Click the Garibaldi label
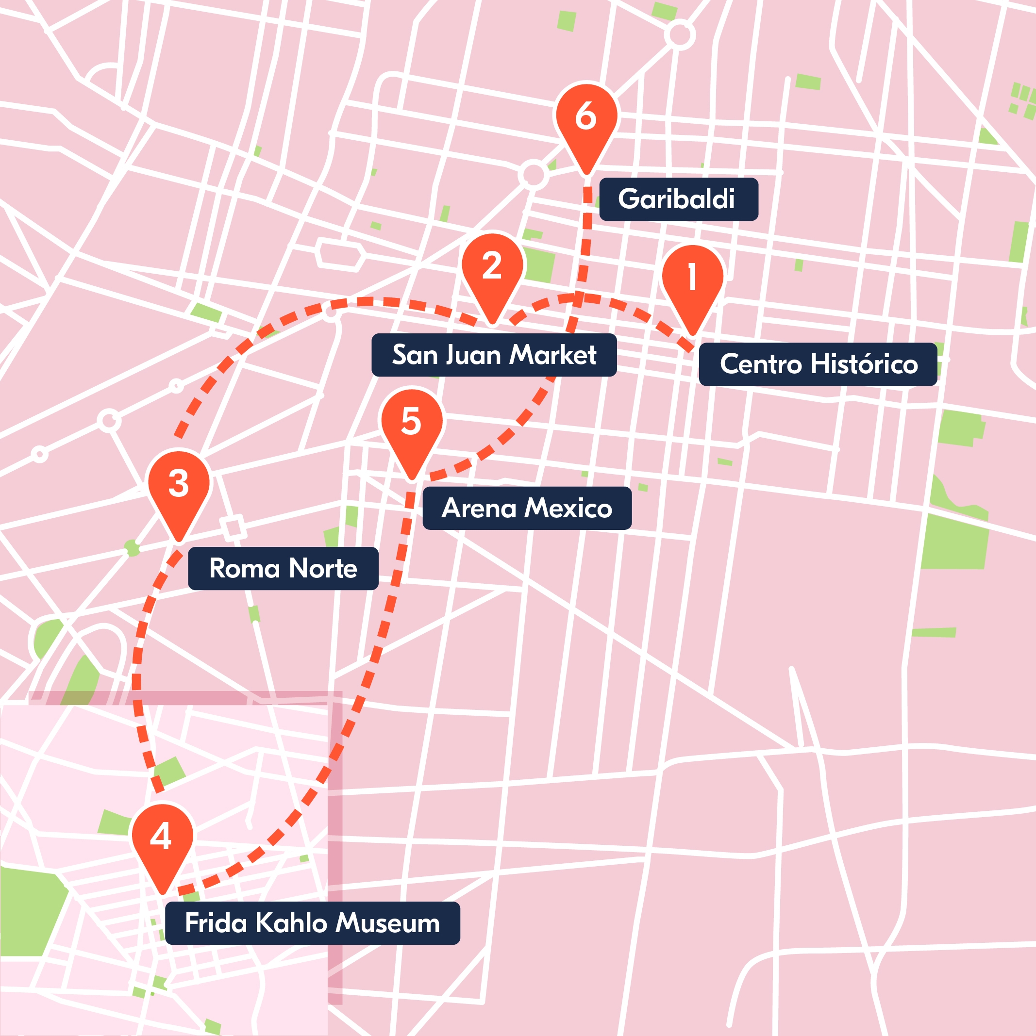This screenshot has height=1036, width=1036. (x=678, y=199)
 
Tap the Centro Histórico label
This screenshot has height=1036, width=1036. (x=818, y=364)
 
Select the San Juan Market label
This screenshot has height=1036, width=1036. (x=494, y=355)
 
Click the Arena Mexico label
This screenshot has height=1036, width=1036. (x=526, y=509)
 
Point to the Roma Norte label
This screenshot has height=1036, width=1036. (x=283, y=568)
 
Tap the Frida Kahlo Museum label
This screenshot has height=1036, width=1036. (x=312, y=923)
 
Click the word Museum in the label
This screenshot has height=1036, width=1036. (x=388, y=923)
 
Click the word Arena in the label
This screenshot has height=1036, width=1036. (x=472, y=509)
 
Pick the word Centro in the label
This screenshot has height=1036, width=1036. (x=760, y=364)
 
